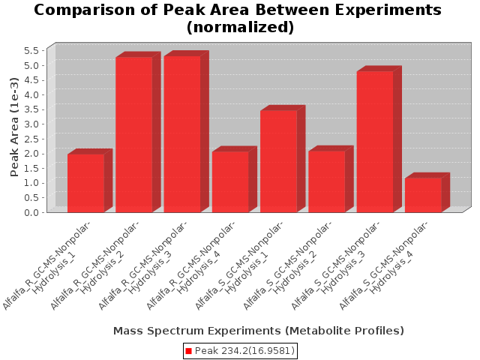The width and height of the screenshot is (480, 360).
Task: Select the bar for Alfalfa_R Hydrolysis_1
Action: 86,183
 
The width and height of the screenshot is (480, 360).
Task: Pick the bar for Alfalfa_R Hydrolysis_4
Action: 230,181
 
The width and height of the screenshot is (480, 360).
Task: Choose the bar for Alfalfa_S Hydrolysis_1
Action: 278,161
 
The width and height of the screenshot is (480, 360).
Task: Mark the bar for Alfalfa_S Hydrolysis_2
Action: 327,181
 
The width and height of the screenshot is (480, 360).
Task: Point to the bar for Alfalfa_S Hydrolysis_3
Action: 375,142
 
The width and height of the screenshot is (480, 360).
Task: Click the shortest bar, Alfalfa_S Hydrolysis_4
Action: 423,195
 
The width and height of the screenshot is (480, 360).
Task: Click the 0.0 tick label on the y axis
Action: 31,212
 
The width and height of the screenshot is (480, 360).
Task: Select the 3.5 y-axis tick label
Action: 31,109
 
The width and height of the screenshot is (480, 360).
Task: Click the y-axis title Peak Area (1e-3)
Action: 14,127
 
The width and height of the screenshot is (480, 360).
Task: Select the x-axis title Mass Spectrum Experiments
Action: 259,331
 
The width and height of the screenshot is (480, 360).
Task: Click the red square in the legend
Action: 188,351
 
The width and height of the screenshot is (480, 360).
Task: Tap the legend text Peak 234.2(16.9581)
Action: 244,351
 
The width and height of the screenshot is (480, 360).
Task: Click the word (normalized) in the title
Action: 240,27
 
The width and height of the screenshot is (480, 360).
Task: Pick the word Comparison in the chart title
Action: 85,10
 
